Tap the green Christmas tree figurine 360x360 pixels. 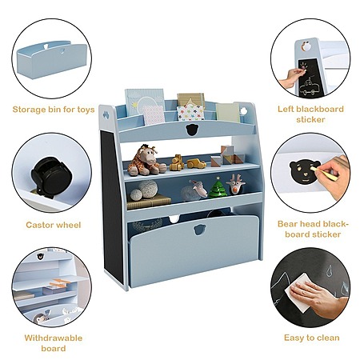(218, 187)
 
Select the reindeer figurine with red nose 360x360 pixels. (235, 184)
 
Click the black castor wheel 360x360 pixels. (50, 177)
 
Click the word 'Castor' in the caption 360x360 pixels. (41, 225)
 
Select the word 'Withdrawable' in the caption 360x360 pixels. (54, 338)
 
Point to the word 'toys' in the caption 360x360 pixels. (86, 110)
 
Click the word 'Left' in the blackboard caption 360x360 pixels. (286, 109)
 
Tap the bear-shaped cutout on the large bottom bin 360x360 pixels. (200, 230)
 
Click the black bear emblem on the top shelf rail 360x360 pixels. (191, 130)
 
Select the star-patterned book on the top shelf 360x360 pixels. (190, 113)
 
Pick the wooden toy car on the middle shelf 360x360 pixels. (196, 163)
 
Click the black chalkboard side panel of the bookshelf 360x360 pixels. (111, 205)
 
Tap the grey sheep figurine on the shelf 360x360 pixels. (194, 190)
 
